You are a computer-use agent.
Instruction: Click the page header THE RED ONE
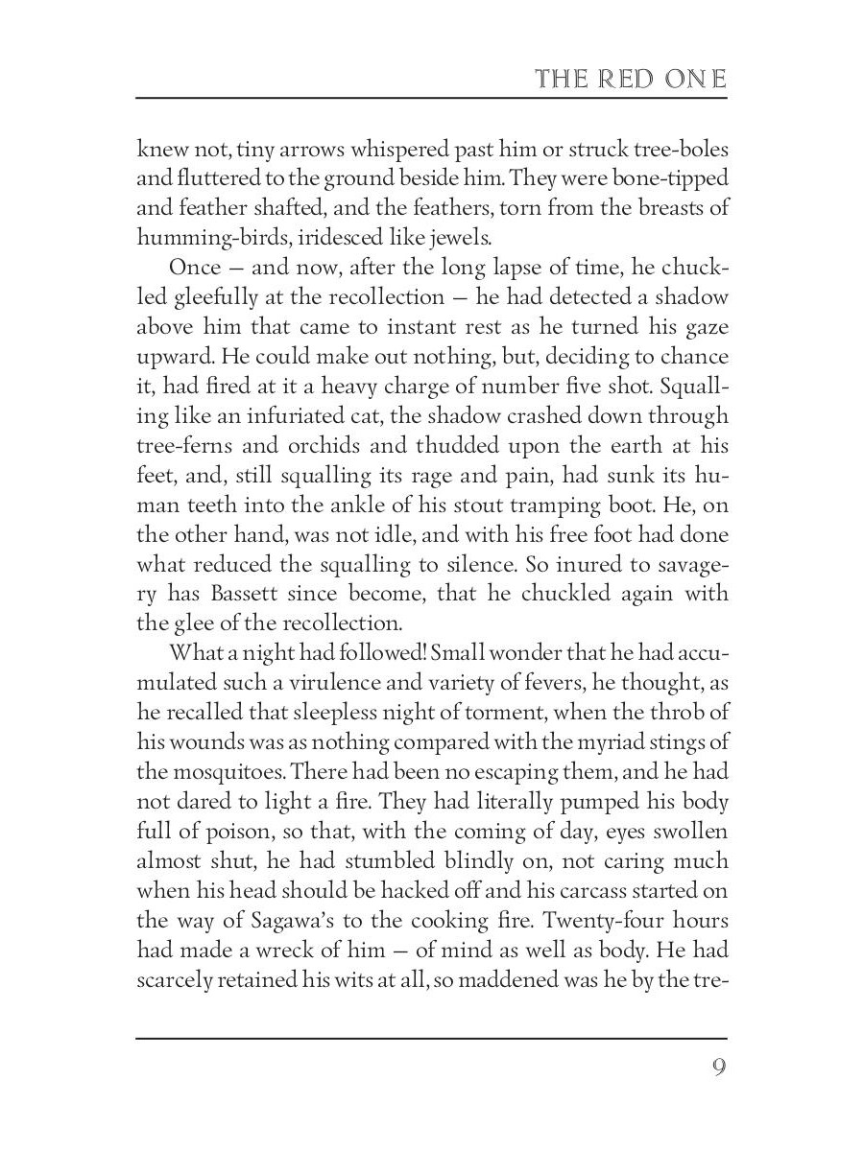[x=631, y=79]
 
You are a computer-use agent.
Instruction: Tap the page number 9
[x=718, y=1069]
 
